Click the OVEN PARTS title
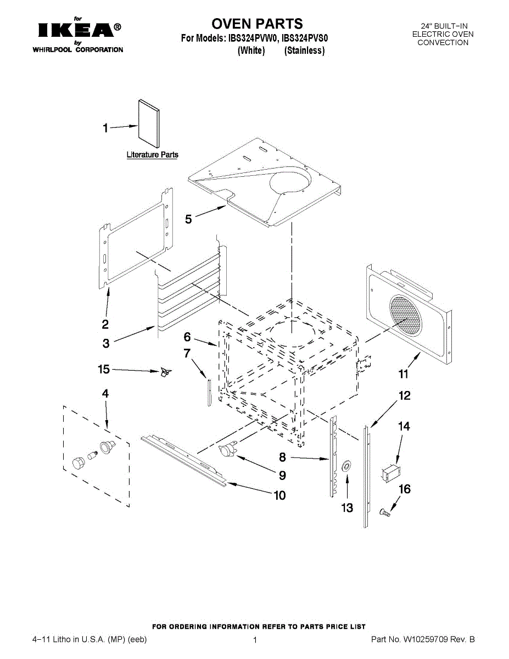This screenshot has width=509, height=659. click(x=257, y=24)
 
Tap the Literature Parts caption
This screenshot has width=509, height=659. click(x=152, y=155)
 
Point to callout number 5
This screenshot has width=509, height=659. click(x=188, y=220)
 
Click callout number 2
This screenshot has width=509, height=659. click(x=105, y=324)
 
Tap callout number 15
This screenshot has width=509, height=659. click(x=104, y=370)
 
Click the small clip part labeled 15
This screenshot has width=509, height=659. click(x=164, y=373)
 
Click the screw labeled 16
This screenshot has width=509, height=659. click(x=384, y=513)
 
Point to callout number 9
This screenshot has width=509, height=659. click(x=282, y=475)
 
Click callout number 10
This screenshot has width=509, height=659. click(x=279, y=495)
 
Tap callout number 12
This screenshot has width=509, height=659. click(x=404, y=395)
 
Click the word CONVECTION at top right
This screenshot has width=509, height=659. click(x=443, y=42)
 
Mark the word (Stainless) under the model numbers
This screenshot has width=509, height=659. click(x=305, y=51)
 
